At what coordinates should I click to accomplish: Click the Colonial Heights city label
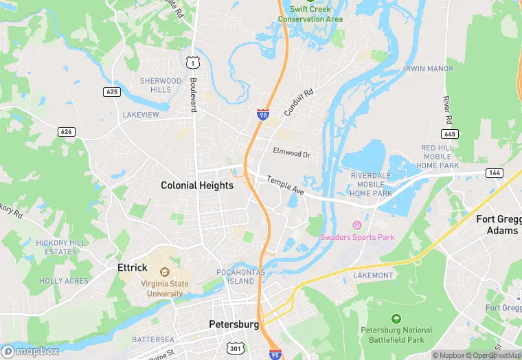pos(197,185)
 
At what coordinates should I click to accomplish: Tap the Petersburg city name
pos(234,324)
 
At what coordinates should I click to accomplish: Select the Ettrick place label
pos(133,268)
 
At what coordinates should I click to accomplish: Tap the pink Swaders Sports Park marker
pos(356,225)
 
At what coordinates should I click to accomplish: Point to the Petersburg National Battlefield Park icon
pos(396,319)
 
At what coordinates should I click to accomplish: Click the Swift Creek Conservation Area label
pos(310,14)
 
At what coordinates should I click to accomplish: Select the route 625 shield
pos(112,91)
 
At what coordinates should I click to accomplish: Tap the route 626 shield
pos(67,131)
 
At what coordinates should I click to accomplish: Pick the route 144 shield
pos(495,172)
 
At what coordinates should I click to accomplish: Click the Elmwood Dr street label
pos(291,153)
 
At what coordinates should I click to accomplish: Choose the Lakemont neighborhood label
pos(373,275)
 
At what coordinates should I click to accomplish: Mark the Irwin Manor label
pos(429,69)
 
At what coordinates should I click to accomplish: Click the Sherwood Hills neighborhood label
pos(161,85)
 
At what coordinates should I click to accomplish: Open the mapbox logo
pos(31,351)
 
